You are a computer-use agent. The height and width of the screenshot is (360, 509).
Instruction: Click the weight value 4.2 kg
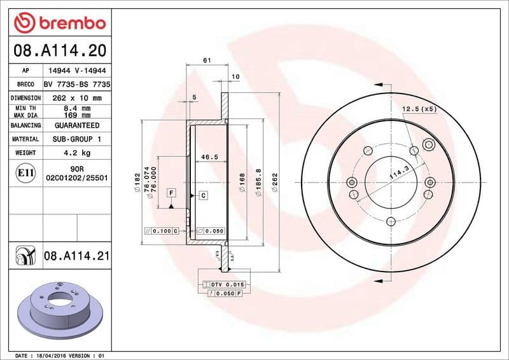click(x=76, y=153)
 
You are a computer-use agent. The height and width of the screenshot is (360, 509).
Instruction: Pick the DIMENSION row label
click(x=26, y=98)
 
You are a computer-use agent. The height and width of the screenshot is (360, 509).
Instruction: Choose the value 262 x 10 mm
click(x=76, y=98)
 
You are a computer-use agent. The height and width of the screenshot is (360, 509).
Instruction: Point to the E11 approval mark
click(x=26, y=172)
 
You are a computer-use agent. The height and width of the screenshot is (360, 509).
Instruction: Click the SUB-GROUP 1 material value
click(x=76, y=139)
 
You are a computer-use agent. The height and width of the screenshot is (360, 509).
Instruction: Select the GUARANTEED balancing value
click(x=76, y=125)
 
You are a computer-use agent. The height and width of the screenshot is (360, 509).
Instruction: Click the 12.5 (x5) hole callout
click(x=419, y=109)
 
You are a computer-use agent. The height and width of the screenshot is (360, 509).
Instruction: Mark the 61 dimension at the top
click(x=207, y=60)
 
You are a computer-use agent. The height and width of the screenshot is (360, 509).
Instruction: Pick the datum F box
click(x=171, y=192)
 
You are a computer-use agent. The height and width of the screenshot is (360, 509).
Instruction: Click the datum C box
click(x=203, y=195)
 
